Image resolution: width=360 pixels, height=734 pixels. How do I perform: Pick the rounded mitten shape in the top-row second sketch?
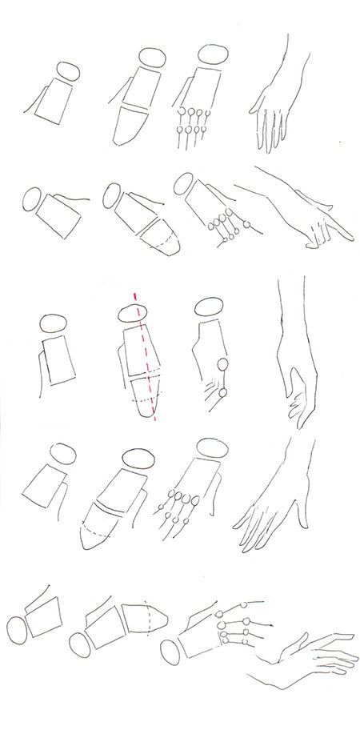tap(131, 126)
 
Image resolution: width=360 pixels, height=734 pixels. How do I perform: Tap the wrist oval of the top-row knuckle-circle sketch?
tap(210, 56)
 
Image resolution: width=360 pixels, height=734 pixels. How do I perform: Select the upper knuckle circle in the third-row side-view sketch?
tap(222, 366)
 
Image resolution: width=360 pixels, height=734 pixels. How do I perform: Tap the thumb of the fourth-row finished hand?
tap(302, 512)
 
